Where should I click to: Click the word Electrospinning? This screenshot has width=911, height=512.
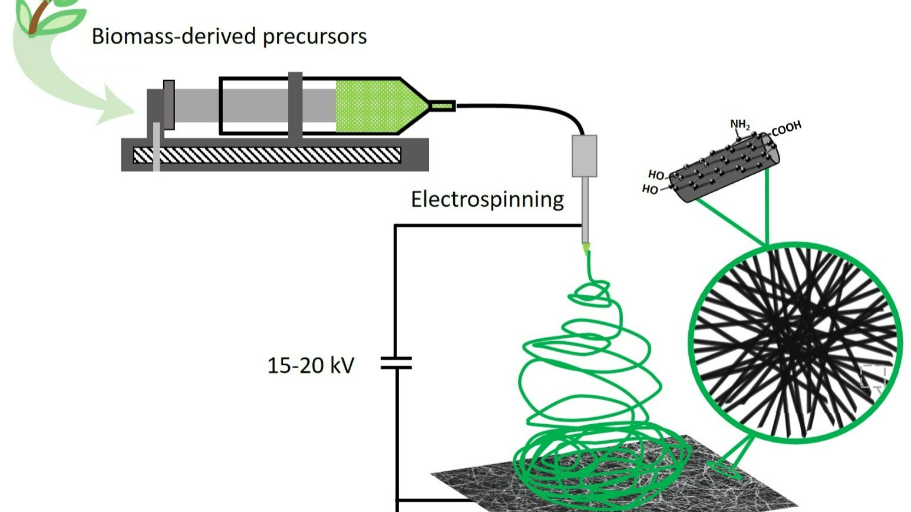click(487, 199)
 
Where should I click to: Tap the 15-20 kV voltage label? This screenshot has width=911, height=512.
click(311, 365)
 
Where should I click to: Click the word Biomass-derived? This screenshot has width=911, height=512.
click(174, 37)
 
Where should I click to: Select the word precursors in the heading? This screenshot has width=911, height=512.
click(315, 37)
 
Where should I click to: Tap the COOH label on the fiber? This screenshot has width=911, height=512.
click(786, 128)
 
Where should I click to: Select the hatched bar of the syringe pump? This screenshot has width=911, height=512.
click(267, 155)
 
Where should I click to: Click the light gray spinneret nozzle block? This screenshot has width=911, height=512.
click(584, 156)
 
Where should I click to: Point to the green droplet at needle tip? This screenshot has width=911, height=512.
click(586, 249)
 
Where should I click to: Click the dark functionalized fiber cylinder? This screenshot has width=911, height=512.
click(725, 167)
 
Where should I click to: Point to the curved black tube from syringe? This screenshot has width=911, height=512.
click(530, 110)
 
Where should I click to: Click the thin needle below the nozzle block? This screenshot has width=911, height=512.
click(585, 209)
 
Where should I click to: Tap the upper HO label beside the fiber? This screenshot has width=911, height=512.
click(656, 175)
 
